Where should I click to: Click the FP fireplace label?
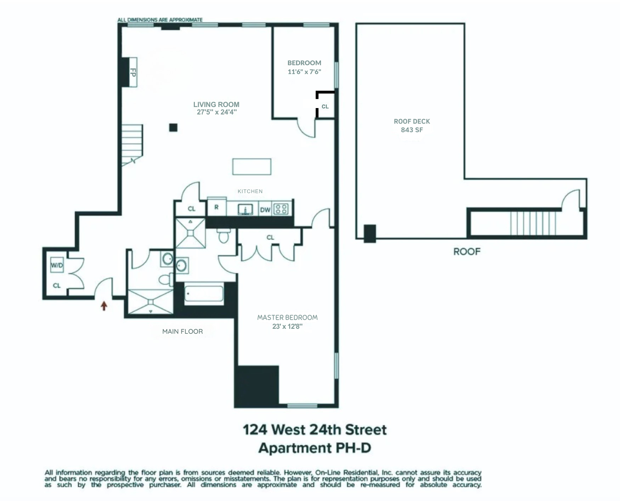pyautogui.click(x=133, y=72)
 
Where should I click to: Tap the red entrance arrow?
pyautogui.click(x=104, y=305)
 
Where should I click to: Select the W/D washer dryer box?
pyautogui.click(x=57, y=265)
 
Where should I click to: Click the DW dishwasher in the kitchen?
pyautogui.click(x=265, y=210)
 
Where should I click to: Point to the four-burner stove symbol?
pyautogui.click(x=282, y=209)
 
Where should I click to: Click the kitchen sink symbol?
pyautogui.click(x=245, y=209)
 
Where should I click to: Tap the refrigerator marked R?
pyautogui.click(x=216, y=207)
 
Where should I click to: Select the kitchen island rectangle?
pyautogui.click(x=252, y=167)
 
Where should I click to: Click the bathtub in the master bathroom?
pyautogui.click(x=204, y=294)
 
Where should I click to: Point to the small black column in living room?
pyautogui.click(x=173, y=128)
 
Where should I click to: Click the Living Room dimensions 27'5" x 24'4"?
pyautogui.click(x=216, y=112)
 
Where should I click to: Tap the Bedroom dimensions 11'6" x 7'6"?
pyautogui.click(x=304, y=72)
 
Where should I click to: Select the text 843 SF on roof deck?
pyautogui.click(x=412, y=130)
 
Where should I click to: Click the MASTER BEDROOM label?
pyautogui.click(x=287, y=317)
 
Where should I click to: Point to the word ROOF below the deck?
pyautogui.click(x=467, y=252)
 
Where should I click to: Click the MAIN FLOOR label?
pyautogui.click(x=182, y=332)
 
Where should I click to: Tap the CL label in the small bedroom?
pyautogui.click(x=325, y=106)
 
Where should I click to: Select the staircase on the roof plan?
pyautogui.click(x=533, y=223)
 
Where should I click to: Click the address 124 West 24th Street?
pyautogui.click(x=315, y=430)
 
